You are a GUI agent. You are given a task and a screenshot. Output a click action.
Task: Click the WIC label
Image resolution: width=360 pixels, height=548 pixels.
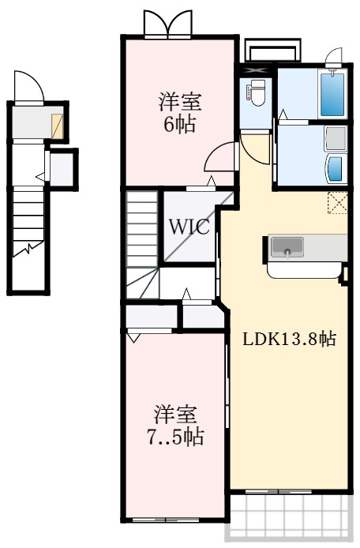coord(189,228)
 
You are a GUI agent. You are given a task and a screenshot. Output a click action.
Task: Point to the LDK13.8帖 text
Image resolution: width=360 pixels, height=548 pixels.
coord(289,340)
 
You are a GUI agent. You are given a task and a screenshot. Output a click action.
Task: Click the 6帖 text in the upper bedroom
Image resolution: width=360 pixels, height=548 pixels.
coord(181,126)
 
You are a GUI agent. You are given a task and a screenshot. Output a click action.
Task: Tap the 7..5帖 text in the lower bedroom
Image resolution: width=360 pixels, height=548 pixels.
coord(175,436)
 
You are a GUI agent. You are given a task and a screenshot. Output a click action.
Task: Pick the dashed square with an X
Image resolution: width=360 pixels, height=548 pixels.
coord(338,203)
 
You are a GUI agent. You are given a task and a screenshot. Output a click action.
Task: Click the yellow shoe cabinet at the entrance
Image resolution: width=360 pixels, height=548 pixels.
coord(58,126)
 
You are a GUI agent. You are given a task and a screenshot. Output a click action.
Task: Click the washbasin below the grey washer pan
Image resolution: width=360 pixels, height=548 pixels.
coord(336,168)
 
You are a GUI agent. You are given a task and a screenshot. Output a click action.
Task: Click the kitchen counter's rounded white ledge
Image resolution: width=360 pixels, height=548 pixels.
coord(304,269)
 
